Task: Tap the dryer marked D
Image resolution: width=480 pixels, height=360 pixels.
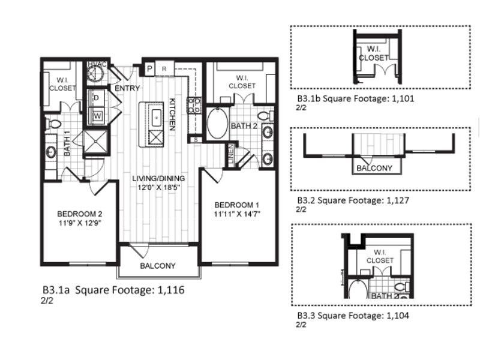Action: pyautogui.click(x=97, y=98)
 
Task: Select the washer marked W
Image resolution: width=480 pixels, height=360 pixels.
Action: pyautogui.click(x=97, y=116)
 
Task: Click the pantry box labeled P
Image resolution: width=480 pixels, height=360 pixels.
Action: pyautogui.click(x=149, y=68)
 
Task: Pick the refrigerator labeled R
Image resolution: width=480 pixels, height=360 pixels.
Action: pyautogui.click(x=164, y=68)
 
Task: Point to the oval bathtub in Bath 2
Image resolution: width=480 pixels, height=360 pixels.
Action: pyautogui.click(x=218, y=124)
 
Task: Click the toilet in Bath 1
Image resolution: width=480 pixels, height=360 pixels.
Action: pyautogui.click(x=53, y=124)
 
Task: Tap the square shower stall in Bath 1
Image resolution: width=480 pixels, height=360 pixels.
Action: pyautogui.click(x=96, y=142)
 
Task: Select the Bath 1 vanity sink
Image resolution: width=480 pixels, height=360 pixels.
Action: pyautogui.click(x=51, y=152)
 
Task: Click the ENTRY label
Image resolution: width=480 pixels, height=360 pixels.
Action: pyautogui.click(x=127, y=88)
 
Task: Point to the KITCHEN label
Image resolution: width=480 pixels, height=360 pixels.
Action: pyautogui.click(x=173, y=115)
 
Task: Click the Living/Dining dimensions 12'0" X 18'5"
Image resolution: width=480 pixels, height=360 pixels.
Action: pyautogui.click(x=158, y=187)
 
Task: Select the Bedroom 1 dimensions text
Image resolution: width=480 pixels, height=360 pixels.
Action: pyautogui.click(x=237, y=214)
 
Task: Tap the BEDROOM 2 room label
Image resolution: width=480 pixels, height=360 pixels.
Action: pyautogui.click(x=80, y=214)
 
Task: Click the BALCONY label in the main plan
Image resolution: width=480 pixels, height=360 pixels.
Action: pyautogui.click(x=158, y=266)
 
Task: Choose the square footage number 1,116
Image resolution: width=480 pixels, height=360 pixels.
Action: pyautogui.click(x=171, y=289)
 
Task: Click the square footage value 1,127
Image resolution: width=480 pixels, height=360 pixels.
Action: pyautogui.click(x=398, y=200)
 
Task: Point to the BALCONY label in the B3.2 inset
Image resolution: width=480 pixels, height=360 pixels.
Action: pyautogui.click(x=374, y=168)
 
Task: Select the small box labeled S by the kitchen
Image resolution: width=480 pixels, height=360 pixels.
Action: pyautogui.click(x=196, y=140)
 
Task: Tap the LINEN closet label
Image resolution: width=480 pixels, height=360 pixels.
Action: pyautogui.click(x=231, y=154)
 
